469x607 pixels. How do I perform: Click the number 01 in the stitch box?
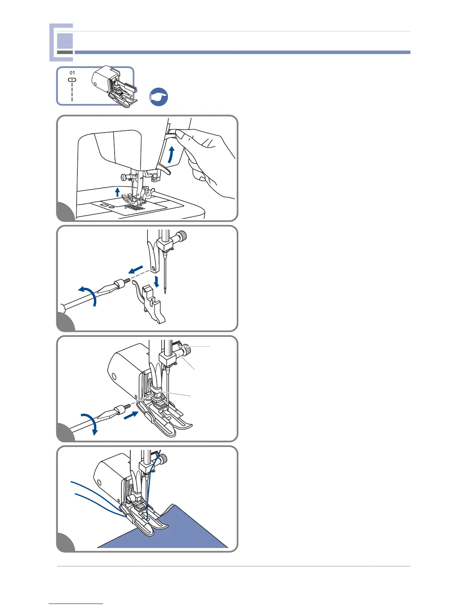(72, 73)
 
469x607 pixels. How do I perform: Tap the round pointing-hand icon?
(158, 97)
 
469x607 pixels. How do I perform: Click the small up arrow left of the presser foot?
(118, 191)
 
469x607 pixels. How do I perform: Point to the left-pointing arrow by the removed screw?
(136, 270)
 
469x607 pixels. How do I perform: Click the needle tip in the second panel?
(166, 292)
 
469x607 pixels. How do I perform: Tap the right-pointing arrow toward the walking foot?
(131, 415)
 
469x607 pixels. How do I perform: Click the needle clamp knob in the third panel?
(186, 349)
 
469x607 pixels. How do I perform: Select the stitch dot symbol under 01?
(72, 80)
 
